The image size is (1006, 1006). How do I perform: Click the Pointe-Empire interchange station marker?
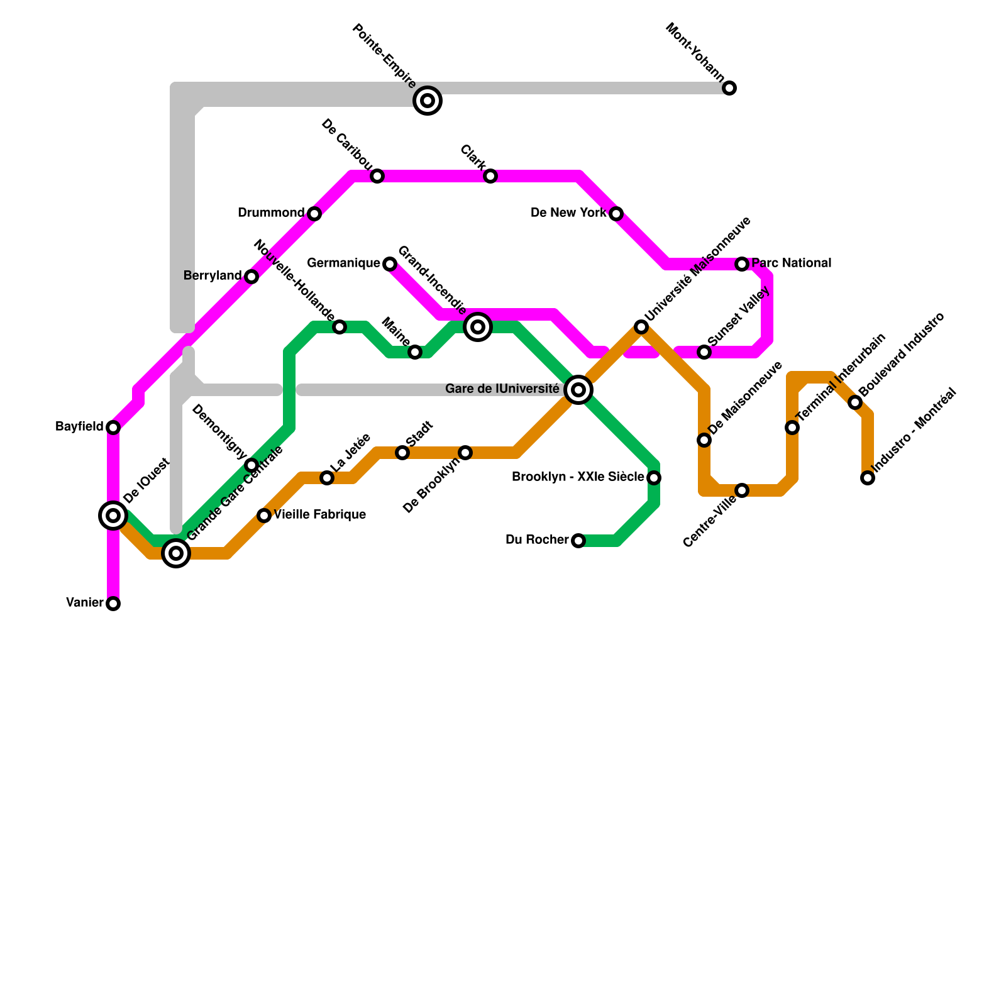428,100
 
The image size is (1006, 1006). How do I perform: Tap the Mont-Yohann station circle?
729,88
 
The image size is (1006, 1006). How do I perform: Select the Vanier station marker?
113,604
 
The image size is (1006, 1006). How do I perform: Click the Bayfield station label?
79,427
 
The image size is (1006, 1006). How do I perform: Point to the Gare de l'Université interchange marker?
578,390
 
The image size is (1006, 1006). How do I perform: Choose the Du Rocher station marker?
578,541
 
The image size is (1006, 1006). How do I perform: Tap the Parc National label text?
792,263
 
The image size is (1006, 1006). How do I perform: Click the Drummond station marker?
314,214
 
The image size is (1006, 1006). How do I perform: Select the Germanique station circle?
390,264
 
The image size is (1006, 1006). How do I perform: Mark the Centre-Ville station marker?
742,490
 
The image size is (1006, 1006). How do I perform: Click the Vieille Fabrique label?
320,515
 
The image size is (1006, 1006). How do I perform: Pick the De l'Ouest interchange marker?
113,516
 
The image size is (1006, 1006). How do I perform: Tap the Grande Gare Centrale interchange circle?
176,553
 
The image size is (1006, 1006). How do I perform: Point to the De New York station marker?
616,214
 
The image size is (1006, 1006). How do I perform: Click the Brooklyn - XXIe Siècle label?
578,477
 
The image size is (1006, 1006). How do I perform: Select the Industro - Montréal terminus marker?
868,478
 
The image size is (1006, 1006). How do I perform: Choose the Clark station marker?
490,176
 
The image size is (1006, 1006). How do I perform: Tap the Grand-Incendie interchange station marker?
478,326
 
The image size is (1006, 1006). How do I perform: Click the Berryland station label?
213,276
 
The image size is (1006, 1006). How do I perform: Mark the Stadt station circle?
402,453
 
